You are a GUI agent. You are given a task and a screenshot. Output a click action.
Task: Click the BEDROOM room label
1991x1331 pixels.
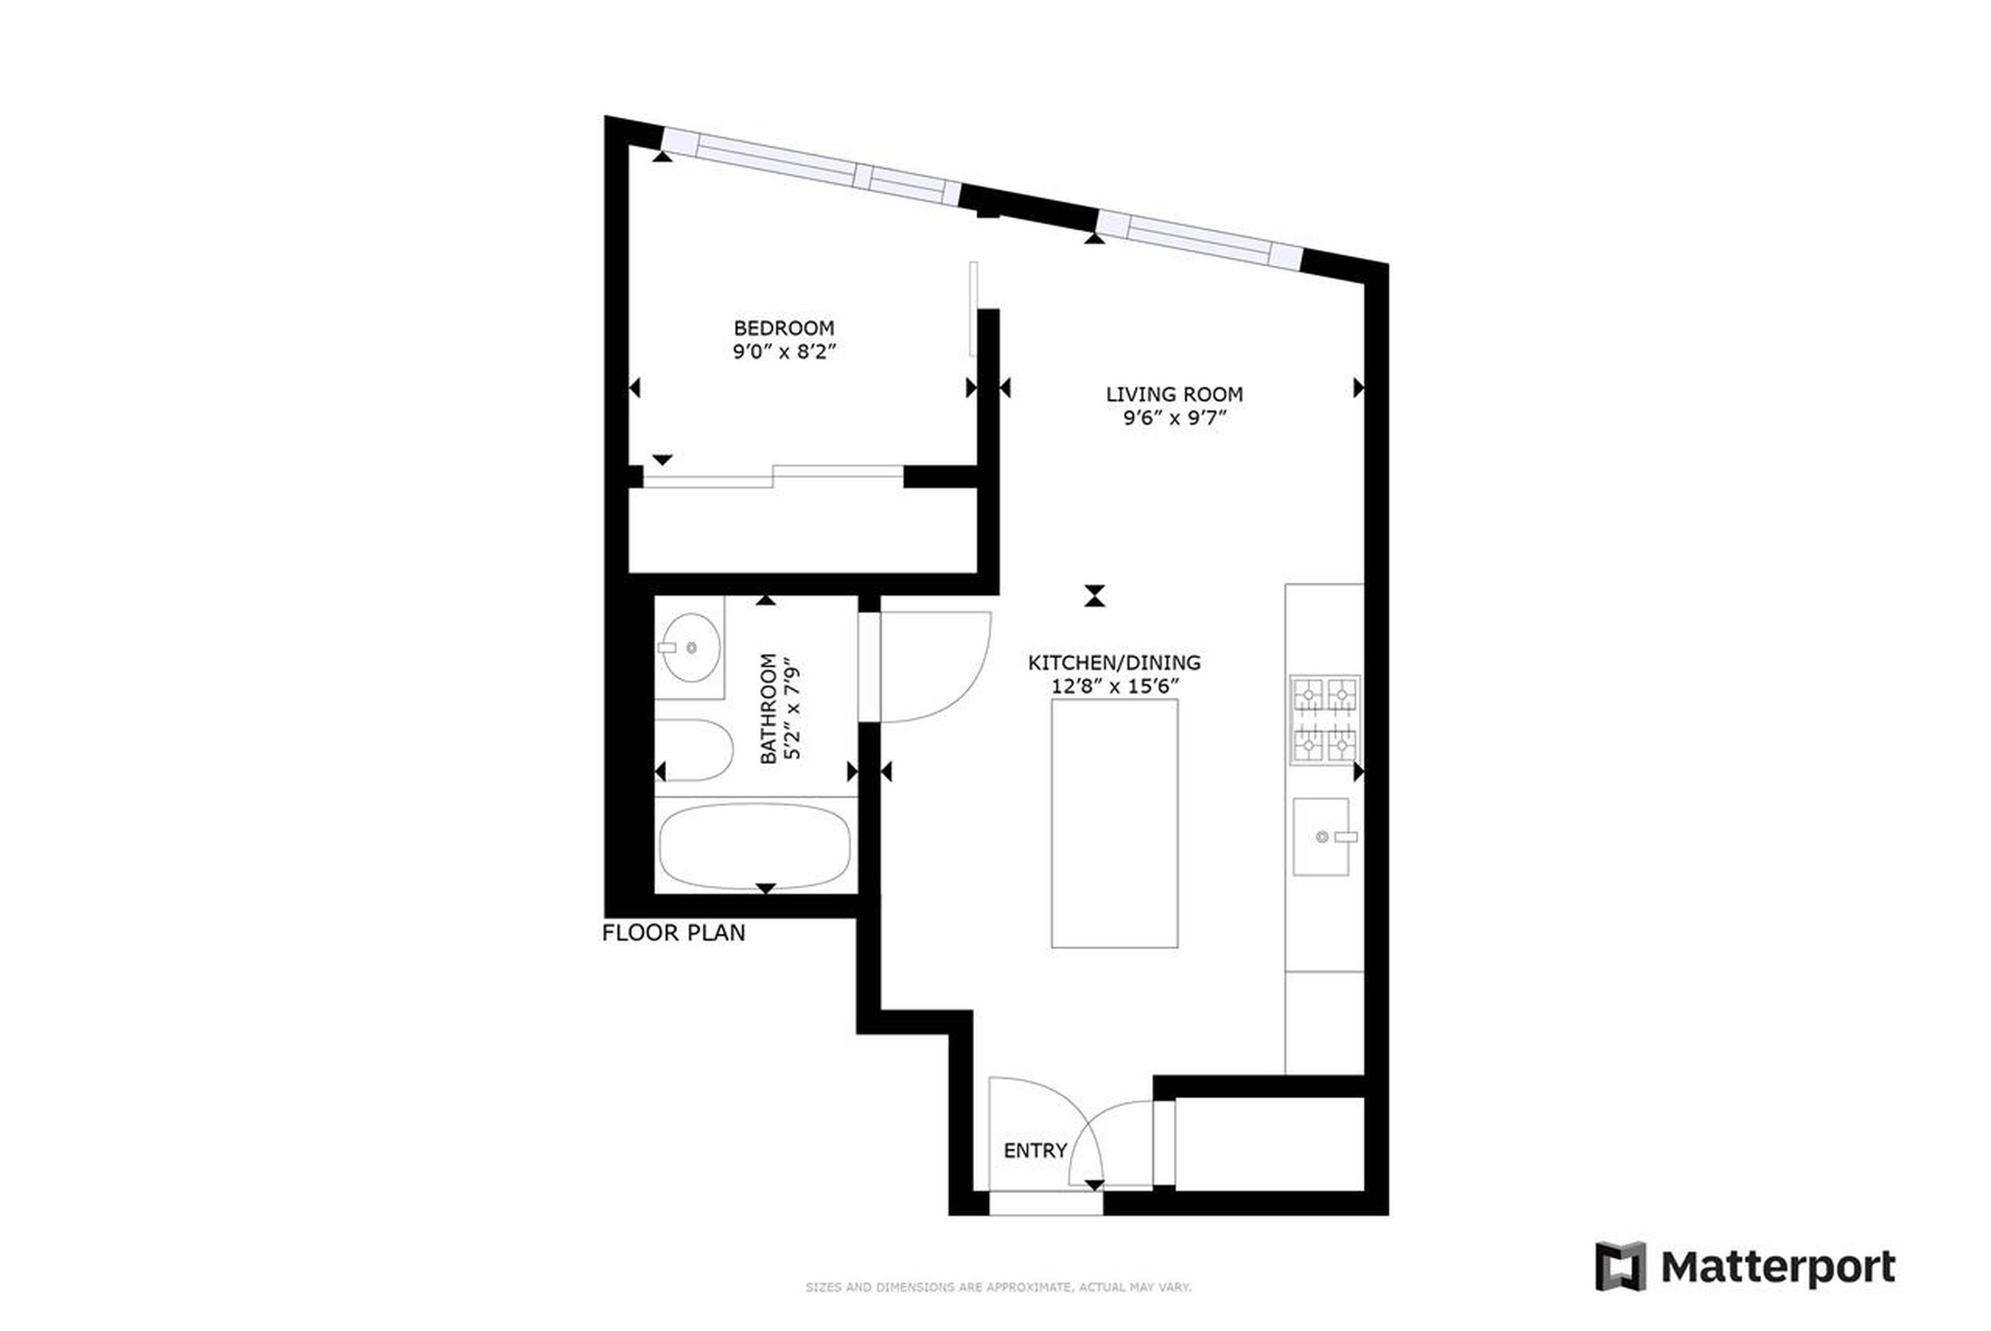coord(783,328)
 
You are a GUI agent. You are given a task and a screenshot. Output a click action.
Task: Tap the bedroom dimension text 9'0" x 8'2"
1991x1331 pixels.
coord(783,351)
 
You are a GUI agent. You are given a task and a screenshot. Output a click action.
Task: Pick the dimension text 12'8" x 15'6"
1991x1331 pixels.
coord(1114,686)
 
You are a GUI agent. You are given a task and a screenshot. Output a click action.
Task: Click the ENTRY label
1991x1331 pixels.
coord(1034,1150)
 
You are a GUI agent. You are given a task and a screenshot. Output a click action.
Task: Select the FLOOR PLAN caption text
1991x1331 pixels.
coord(674,933)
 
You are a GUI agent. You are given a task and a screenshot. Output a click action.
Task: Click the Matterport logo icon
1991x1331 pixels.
coord(1620,1267)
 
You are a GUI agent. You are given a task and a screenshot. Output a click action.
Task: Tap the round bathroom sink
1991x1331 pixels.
coord(691,648)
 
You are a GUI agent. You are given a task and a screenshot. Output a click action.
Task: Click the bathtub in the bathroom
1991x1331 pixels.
coord(754,846)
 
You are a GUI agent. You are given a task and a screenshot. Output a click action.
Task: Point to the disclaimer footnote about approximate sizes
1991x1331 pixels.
coord(998,1287)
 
